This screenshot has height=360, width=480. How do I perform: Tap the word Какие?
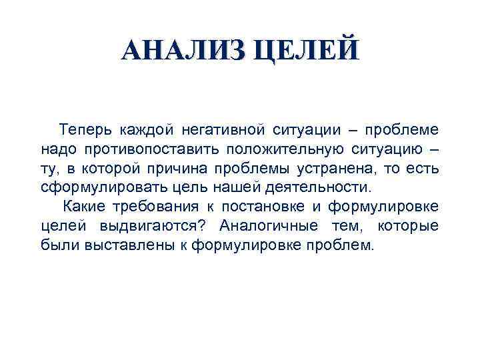click(x=83, y=206)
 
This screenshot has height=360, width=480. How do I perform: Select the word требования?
click(x=153, y=206)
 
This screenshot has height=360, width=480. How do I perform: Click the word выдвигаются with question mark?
click(x=156, y=225)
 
